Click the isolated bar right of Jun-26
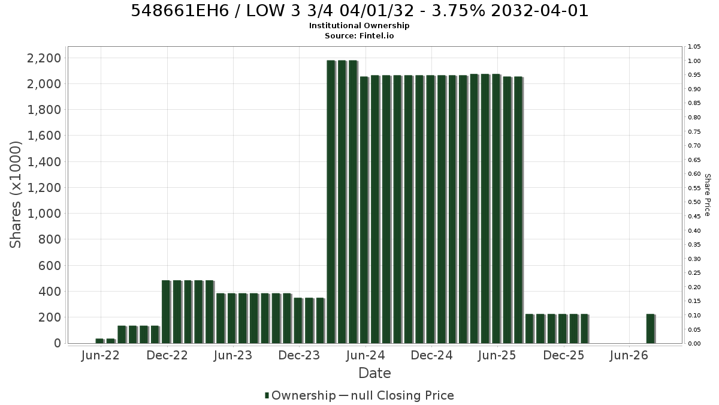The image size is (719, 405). coord(651,329)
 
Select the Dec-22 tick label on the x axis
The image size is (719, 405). coord(167,355)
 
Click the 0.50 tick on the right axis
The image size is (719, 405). coord(694,202)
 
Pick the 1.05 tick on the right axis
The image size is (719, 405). coord(694,47)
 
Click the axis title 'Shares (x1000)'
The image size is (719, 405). coord(15,194)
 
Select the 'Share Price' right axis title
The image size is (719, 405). coord(707,195)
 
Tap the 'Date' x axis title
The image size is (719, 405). coord(374,373)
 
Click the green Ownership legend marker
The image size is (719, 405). coord(267,395)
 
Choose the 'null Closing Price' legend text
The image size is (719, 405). coord(403,395)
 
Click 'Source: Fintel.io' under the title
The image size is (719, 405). coord(359,35)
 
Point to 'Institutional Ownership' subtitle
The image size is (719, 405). coord(359,26)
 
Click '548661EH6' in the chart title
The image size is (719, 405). coord(180,11)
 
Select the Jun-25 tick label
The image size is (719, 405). coord(497,355)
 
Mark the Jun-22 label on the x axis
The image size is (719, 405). coord(101,355)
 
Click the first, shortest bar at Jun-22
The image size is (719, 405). coord(100,341)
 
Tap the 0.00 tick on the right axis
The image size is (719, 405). coord(694,343)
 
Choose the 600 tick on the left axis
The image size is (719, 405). coord(49,265)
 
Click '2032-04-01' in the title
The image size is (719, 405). coord(540,11)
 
